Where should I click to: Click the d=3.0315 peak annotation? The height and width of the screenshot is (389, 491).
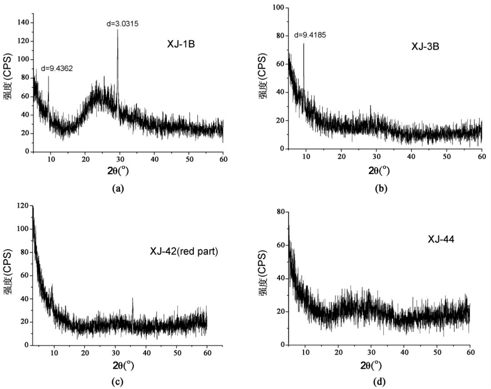(x=122, y=24)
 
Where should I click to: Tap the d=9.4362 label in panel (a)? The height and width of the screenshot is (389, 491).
(x=57, y=69)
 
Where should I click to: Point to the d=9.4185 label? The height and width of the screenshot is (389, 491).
(x=310, y=35)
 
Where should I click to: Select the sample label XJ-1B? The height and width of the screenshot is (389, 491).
(x=181, y=44)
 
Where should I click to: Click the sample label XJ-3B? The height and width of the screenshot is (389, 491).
(x=425, y=47)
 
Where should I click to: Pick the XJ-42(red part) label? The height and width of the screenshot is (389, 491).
(x=184, y=252)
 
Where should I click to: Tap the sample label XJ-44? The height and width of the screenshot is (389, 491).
(x=441, y=240)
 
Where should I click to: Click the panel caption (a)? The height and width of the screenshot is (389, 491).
(x=118, y=189)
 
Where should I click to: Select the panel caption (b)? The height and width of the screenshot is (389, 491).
(x=381, y=189)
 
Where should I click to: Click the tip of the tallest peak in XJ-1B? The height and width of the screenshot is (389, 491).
(x=118, y=30)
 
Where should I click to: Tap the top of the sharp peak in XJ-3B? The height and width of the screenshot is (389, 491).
(x=303, y=44)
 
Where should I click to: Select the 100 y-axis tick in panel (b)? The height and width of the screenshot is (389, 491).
(x=278, y=8)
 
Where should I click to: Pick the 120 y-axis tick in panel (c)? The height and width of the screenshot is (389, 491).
(x=23, y=206)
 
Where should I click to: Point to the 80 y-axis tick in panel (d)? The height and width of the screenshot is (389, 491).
(x=281, y=212)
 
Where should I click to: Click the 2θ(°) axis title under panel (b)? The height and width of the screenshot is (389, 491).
(x=379, y=170)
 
